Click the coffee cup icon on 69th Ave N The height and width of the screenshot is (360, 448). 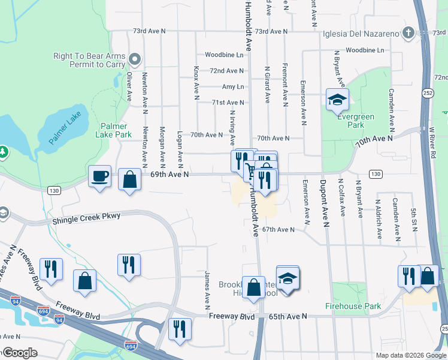coord(100,176)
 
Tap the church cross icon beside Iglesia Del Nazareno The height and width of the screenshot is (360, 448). coord(408,33)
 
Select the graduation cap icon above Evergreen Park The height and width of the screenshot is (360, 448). coord(337,99)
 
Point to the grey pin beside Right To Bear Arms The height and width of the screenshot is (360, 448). coord(134,59)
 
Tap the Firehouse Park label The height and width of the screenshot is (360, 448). coord(353,306)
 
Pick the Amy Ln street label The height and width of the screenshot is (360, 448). coord(233,87)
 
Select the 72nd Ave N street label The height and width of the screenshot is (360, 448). coord(226,71)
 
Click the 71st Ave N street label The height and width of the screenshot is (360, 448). coord(228,103)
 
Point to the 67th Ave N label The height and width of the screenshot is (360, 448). coord(279,229)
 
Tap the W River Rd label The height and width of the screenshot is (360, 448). coord(431,142)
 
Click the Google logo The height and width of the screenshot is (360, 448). coord(19,353)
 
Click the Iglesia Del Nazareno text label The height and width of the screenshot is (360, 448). coord(362,34)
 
